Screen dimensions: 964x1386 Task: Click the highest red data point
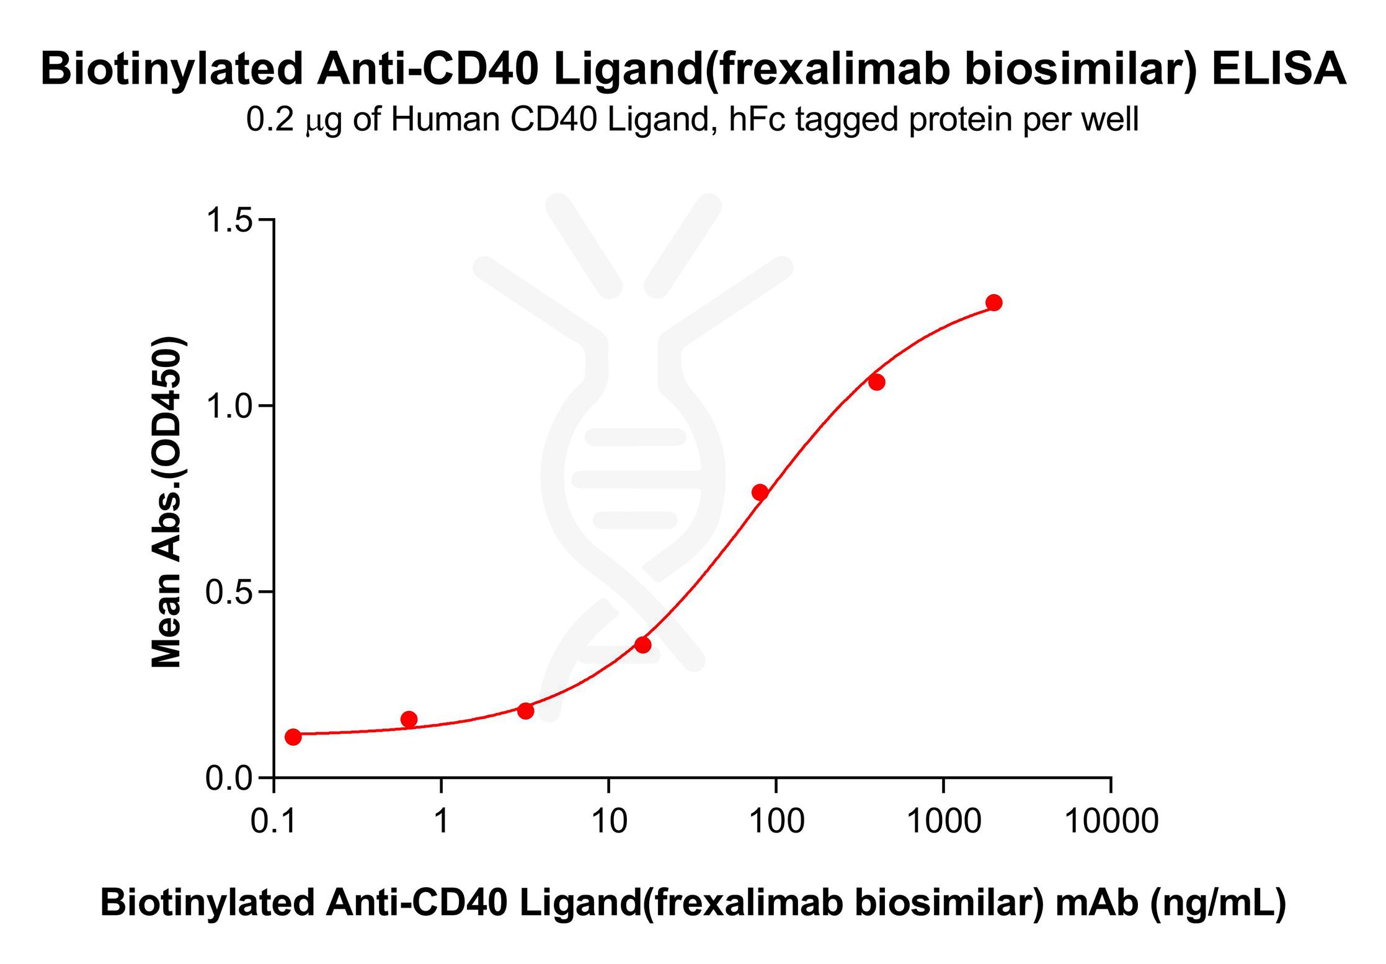(993, 303)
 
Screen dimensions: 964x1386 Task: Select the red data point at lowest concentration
(293, 737)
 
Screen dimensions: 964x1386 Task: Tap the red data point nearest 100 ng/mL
(760, 492)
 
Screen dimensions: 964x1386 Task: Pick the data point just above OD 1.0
(876, 382)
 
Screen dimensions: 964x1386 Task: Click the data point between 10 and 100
(642, 645)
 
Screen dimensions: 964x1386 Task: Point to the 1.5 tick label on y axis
(229, 219)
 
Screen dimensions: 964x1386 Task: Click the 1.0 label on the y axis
(229, 406)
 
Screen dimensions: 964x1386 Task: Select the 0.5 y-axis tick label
(229, 592)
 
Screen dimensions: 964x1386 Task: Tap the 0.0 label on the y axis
(229, 778)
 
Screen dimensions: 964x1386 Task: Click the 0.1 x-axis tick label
(273, 821)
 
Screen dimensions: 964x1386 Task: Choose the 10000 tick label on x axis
(1111, 821)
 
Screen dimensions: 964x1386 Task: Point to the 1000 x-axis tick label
(943, 821)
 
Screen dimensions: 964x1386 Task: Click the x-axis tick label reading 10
(608, 821)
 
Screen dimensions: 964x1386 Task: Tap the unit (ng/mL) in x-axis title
(1218, 903)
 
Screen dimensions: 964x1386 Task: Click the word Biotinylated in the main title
(171, 68)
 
